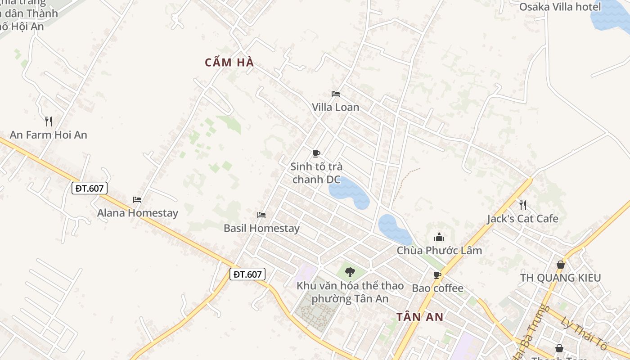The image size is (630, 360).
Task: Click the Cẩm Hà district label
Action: [229, 63]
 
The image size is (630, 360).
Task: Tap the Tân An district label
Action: [420, 317]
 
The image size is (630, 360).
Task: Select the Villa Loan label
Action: [336, 107]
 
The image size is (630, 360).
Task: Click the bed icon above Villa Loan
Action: [336, 94]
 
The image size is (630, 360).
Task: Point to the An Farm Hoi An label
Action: [49, 135]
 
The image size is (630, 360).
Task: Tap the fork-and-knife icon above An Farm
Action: [49, 121]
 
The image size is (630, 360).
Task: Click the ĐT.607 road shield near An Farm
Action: [90, 188]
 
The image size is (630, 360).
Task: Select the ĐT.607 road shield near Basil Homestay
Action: [247, 274]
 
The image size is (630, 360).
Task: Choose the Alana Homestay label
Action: [138, 213]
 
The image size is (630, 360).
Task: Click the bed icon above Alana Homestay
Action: [137, 200]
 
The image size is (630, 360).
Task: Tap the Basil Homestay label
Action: [261, 228]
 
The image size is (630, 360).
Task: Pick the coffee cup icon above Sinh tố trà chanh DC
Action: [316, 153]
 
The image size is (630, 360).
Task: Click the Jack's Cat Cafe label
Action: [522, 219]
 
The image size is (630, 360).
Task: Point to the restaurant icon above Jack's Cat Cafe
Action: [522, 205]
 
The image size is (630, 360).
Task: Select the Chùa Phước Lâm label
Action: [439, 250]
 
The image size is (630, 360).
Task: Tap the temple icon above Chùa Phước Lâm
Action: [439, 237]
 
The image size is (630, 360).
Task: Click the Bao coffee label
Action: [437, 288]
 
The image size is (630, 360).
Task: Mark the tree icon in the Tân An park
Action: [350, 272]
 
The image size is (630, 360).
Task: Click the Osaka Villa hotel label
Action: [560, 7]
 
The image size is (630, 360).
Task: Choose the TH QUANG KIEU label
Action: [560, 278]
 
